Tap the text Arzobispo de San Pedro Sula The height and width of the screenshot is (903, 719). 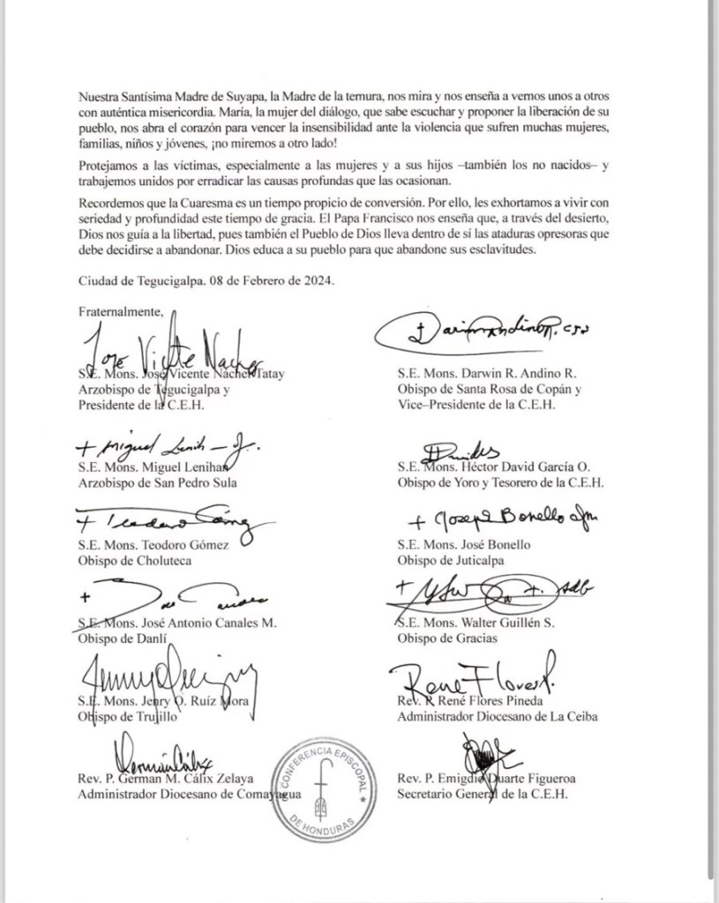(x=157, y=482)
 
